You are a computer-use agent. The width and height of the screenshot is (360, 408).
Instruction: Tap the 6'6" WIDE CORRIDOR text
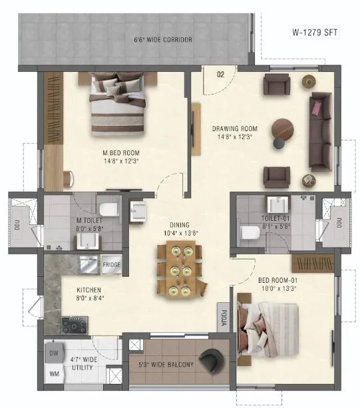click(164, 41)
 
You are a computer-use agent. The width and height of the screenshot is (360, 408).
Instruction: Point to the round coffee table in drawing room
click(283, 130)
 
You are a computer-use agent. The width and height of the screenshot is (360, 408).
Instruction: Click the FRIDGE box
click(112, 266)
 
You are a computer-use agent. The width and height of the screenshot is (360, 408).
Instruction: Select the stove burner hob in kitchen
click(74, 325)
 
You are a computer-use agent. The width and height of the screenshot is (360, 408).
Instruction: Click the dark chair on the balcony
click(214, 361)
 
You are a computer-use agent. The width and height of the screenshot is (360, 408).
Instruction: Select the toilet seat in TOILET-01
click(250, 232)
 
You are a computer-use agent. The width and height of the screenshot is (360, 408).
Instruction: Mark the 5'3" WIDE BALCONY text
click(166, 365)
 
